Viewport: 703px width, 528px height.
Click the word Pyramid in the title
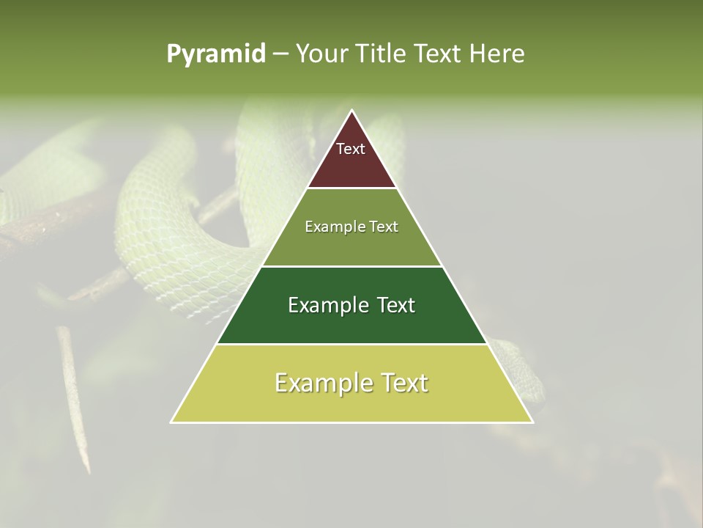click(x=216, y=54)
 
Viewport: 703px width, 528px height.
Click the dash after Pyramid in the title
click(x=280, y=54)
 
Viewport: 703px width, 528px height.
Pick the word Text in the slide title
click(x=440, y=54)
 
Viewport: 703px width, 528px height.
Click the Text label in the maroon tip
click(x=351, y=149)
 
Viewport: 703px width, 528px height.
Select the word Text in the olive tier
click(x=384, y=227)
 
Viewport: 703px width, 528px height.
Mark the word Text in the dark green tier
click(x=395, y=305)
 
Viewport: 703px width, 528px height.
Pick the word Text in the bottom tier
click(x=405, y=383)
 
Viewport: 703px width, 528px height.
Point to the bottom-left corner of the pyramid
click(x=171, y=422)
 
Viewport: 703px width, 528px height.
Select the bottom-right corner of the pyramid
click(x=532, y=422)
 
